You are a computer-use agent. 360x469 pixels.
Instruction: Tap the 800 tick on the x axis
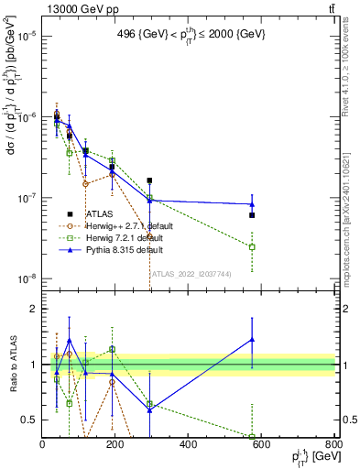point(333,445)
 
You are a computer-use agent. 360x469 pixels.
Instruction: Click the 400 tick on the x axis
point(188,445)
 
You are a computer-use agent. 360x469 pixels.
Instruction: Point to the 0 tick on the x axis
point(42,445)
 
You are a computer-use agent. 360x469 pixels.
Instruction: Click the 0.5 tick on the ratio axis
point(30,420)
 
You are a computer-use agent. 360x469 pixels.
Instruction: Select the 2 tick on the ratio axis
point(34,309)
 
